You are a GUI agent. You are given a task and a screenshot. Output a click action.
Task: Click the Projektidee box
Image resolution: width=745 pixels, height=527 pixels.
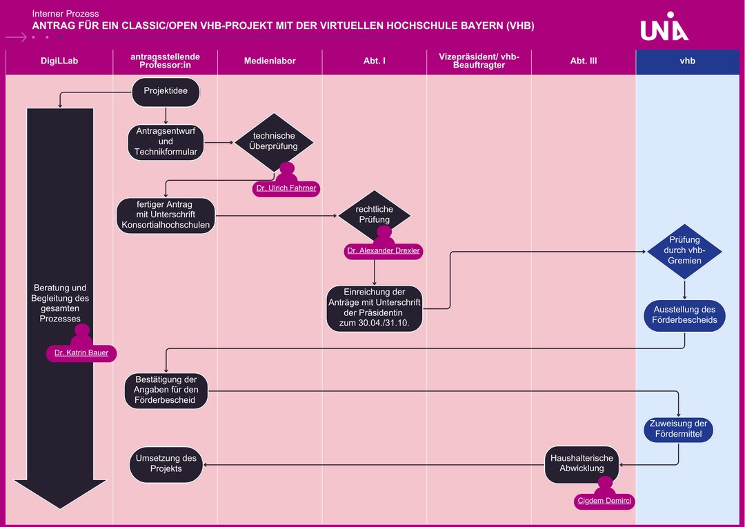tap(166, 91)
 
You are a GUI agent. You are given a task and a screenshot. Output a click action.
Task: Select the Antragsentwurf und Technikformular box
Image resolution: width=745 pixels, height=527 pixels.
tap(166, 141)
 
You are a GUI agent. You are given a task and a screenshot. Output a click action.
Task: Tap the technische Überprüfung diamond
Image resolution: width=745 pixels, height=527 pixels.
tap(274, 141)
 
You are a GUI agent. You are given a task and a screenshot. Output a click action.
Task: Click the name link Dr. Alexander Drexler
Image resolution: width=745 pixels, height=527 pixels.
tap(383, 251)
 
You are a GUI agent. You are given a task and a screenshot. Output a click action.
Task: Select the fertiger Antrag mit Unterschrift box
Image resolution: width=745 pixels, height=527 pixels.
tap(166, 215)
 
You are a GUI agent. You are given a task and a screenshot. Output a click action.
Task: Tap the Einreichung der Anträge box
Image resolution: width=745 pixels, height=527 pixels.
tap(374, 308)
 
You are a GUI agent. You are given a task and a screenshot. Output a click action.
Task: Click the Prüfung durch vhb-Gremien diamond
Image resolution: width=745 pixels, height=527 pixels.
tap(684, 250)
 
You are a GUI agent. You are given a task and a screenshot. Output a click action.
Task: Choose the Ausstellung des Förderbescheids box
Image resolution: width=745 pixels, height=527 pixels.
tap(684, 315)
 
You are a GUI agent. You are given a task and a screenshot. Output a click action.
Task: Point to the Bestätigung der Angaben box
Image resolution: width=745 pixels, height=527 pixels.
tap(166, 390)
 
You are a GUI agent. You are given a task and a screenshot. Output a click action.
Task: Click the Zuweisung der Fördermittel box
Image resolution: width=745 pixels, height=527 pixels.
tap(678, 428)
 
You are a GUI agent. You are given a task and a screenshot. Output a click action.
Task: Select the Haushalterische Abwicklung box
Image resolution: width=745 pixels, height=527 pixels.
tap(582, 463)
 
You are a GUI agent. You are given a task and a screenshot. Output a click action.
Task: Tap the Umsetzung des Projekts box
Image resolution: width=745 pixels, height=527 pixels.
tap(166, 463)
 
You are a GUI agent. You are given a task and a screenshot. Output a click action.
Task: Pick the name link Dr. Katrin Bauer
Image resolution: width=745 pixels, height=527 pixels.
tap(81, 353)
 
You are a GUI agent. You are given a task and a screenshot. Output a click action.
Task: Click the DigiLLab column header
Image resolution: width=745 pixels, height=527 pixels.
tap(59, 61)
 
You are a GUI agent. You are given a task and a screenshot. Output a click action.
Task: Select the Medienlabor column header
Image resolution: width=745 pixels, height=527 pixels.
tap(270, 61)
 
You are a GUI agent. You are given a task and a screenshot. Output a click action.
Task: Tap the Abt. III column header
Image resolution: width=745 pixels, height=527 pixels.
tap(583, 61)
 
